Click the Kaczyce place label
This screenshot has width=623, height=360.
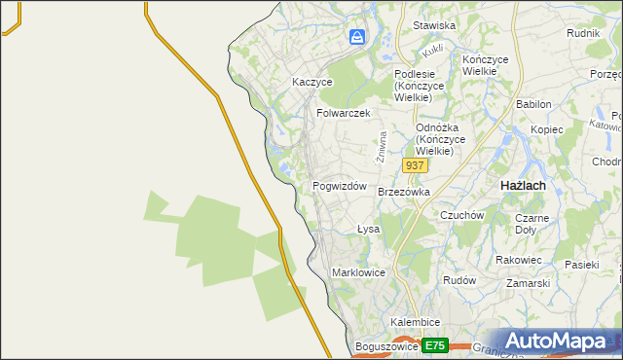point(312,83)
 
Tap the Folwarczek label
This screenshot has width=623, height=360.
point(344,113)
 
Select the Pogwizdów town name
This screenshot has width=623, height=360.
point(339,186)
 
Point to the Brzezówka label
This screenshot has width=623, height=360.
point(403,193)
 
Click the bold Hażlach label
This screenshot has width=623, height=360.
point(522,185)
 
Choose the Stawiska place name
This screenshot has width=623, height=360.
point(434,25)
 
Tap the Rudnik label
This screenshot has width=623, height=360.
point(582,32)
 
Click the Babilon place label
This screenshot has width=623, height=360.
point(534,104)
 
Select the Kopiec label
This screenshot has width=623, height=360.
point(547,128)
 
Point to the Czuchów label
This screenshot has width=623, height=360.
point(462,215)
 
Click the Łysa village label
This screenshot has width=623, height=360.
point(367,230)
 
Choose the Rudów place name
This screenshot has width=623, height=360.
point(458,279)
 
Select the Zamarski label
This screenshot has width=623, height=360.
point(528,283)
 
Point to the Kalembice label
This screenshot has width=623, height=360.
point(416,322)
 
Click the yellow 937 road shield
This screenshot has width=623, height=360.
point(415,166)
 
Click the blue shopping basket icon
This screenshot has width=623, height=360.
point(357,38)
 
